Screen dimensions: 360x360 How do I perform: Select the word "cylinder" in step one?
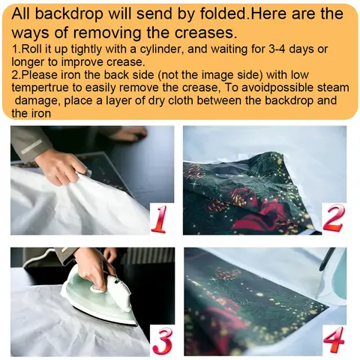[160, 49]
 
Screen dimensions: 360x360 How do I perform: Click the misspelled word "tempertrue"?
[40, 88]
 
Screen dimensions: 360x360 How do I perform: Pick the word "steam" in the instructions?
[333, 88]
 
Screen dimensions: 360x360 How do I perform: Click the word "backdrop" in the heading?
[69, 13]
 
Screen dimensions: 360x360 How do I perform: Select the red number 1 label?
[159, 219]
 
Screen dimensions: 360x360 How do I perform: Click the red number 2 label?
[334, 218]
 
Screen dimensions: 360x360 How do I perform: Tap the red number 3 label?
[162, 340]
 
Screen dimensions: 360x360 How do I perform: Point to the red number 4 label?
[334, 339]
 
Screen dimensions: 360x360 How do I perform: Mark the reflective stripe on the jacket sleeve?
[31, 146]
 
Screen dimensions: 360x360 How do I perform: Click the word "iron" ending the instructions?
[41, 114]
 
